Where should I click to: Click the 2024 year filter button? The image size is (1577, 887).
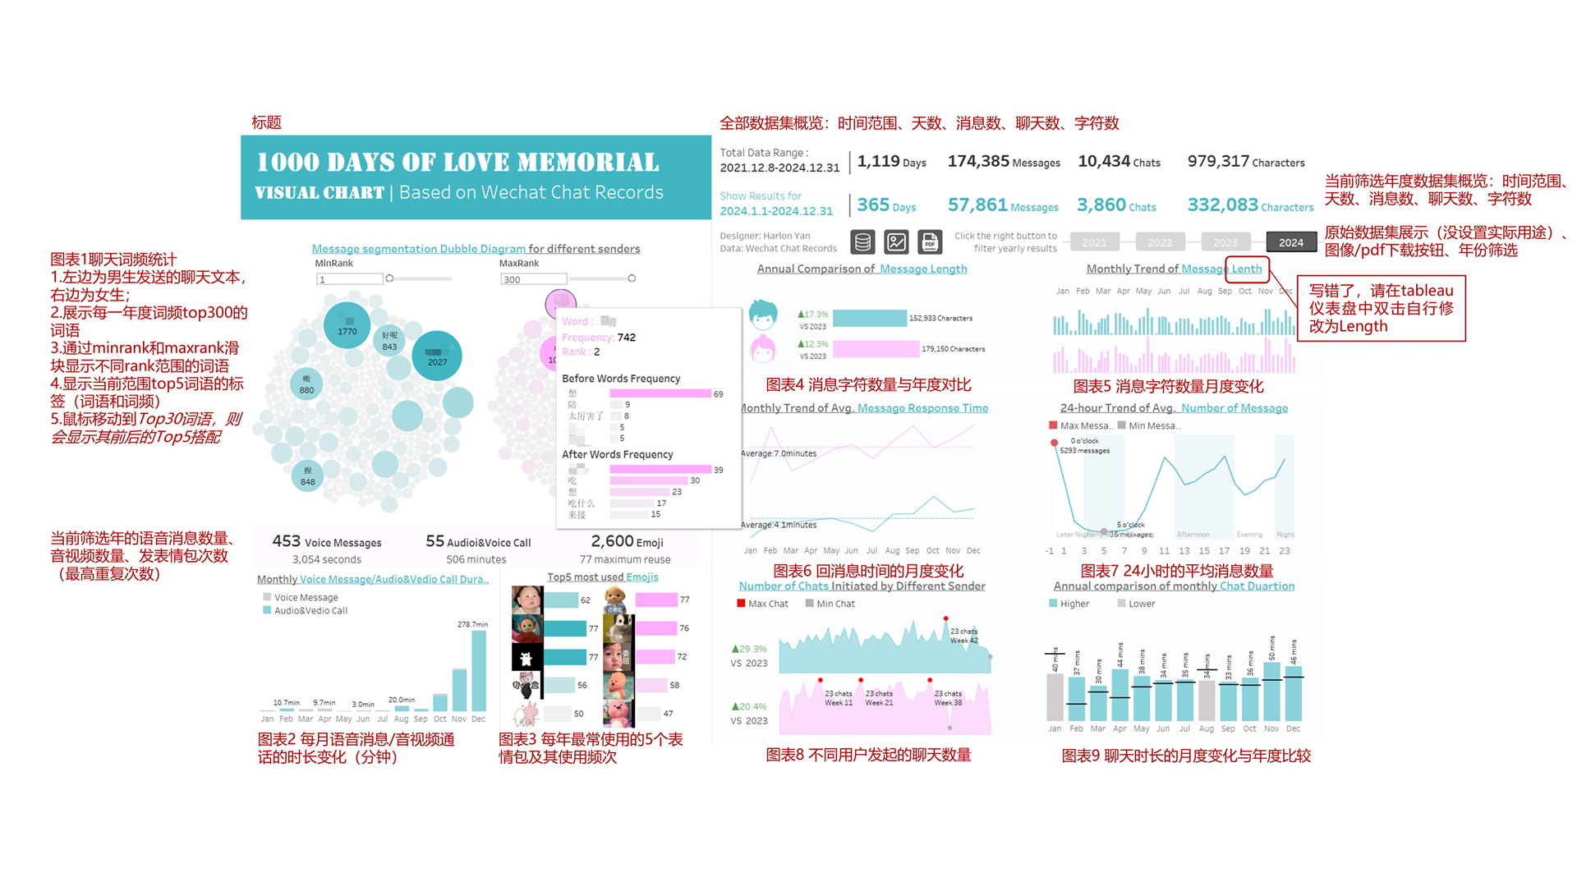click(x=1290, y=242)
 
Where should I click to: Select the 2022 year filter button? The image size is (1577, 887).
click(x=1160, y=242)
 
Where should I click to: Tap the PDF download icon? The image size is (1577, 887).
click(x=930, y=242)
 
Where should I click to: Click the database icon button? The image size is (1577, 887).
click(x=862, y=242)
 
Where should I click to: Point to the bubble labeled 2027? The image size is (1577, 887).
click(x=437, y=356)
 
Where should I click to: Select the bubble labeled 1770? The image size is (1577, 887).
click(x=347, y=326)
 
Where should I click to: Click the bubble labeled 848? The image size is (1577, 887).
click(x=307, y=476)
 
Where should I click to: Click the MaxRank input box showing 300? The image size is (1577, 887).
click(x=532, y=279)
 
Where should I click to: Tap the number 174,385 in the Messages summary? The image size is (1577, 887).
click(x=978, y=161)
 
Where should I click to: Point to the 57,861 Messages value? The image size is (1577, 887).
click(x=977, y=205)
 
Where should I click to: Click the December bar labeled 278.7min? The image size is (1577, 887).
click(x=479, y=669)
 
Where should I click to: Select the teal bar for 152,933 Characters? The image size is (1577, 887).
click(x=869, y=319)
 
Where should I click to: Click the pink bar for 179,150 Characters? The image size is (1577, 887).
click(x=876, y=349)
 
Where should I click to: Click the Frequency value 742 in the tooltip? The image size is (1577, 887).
click(x=626, y=338)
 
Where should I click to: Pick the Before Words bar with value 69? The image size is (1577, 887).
click(x=660, y=394)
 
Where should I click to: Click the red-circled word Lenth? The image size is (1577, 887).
click(x=1246, y=269)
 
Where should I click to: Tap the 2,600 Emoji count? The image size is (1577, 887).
click(x=612, y=541)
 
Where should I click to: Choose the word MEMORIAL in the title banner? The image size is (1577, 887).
click(x=588, y=163)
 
